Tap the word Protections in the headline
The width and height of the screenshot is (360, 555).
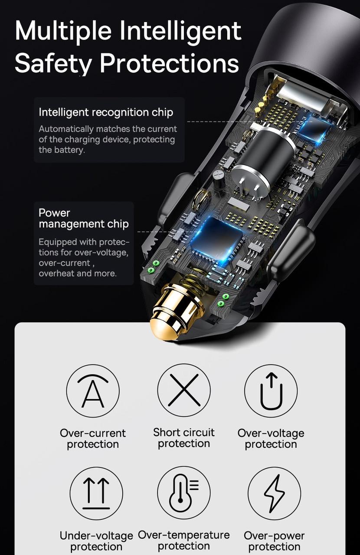click(x=169, y=63)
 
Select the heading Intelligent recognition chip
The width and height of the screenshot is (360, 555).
click(x=106, y=112)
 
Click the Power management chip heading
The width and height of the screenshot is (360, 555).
click(x=84, y=218)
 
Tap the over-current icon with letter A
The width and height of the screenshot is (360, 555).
click(x=93, y=391)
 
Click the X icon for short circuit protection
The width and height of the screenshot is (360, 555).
click(x=184, y=390)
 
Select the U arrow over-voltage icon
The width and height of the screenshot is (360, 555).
click(x=271, y=391)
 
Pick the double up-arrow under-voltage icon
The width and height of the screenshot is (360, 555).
click(x=96, y=493)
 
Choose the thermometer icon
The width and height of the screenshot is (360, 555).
click(x=184, y=493)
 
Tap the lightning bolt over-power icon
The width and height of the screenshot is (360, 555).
click(x=274, y=493)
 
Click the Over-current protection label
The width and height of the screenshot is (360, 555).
click(x=93, y=438)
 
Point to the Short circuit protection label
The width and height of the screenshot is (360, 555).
click(x=184, y=438)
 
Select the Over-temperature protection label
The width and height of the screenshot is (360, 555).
click(x=184, y=540)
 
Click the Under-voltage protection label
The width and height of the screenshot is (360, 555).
click(x=96, y=541)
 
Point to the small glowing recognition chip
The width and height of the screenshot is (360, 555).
click(x=314, y=129)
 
